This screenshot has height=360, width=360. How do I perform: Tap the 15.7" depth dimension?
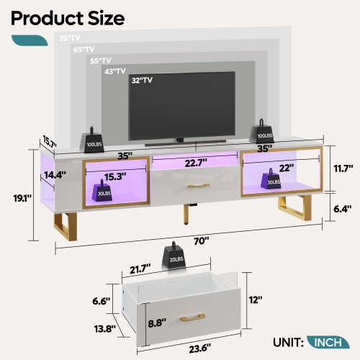click(x=49, y=140)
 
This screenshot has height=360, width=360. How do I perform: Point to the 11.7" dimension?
click(x=343, y=167)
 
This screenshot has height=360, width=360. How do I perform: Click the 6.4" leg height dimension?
click(x=343, y=209)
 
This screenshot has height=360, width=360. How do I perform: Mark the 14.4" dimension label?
click(x=55, y=174)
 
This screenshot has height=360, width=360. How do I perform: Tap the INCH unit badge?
click(x=328, y=342)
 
